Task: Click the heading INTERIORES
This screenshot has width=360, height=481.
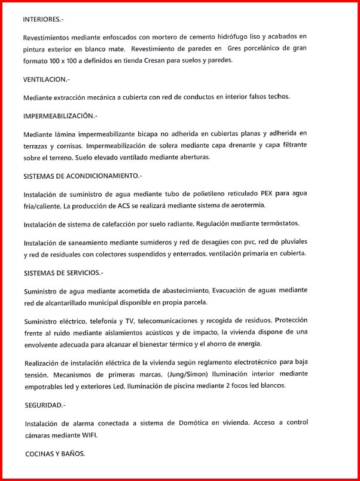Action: [42, 19]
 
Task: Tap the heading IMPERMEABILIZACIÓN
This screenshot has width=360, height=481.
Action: [60, 115]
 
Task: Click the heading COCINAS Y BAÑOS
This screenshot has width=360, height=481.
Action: [55, 454]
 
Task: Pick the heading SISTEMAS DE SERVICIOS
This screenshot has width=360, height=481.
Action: [63, 272]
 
